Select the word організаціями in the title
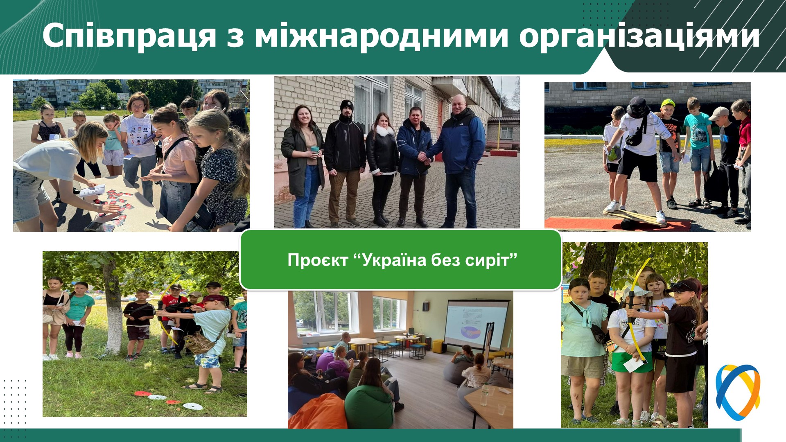[640, 36]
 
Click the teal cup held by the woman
[314, 151]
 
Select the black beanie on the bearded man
[346, 106]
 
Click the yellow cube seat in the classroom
[439, 346]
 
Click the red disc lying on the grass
[142, 394]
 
